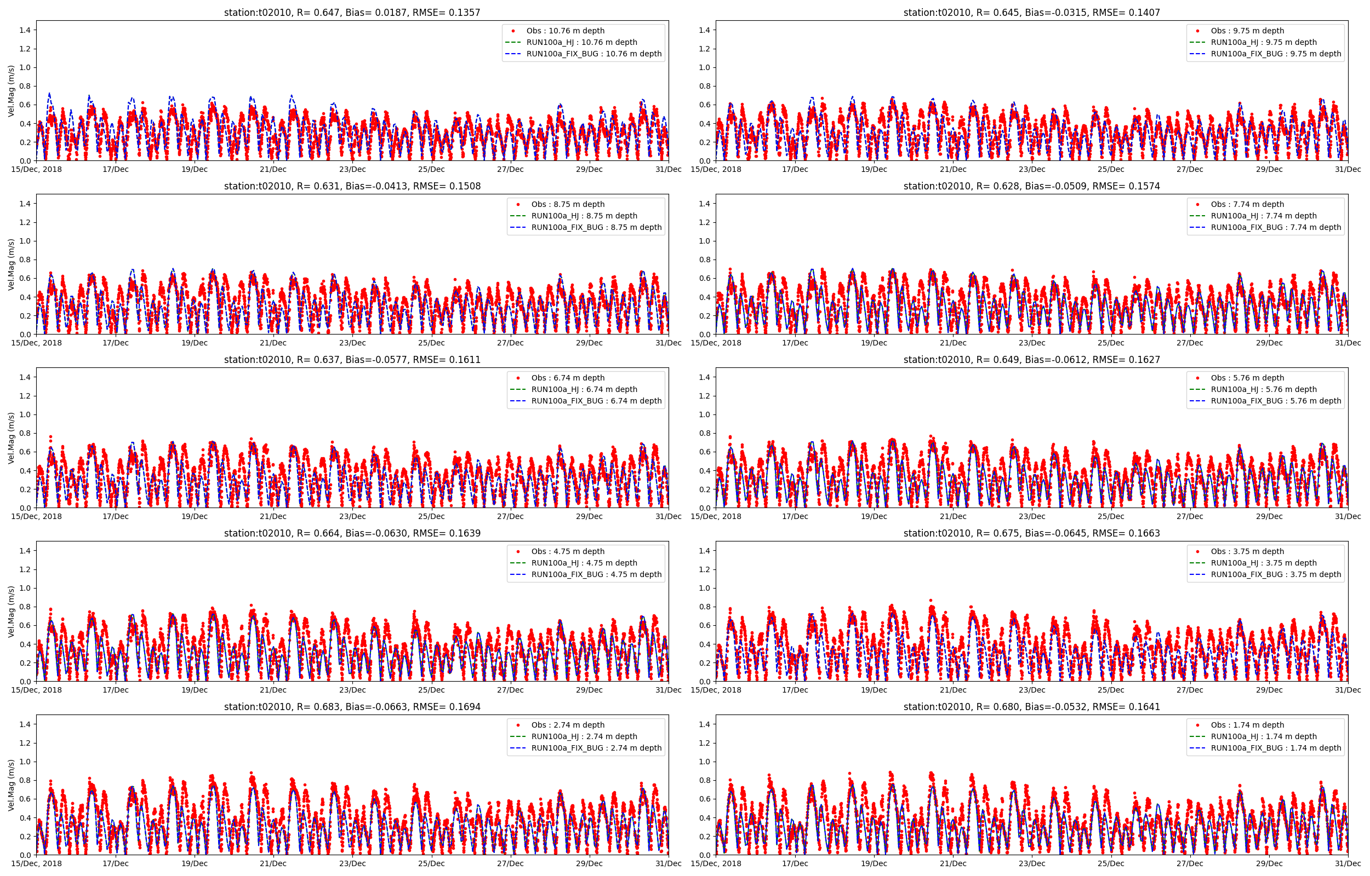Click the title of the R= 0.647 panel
352,13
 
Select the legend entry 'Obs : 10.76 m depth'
564,31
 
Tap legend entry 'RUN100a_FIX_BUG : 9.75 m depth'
1276,54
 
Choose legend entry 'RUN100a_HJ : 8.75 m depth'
584,216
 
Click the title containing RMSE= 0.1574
1031,186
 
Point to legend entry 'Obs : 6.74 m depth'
568,378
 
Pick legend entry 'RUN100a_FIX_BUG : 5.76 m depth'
1276,401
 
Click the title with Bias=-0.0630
352,533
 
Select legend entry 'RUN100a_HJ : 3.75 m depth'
1264,563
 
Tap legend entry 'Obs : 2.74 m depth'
568,725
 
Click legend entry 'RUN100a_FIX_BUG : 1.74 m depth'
1276,748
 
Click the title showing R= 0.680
1031,706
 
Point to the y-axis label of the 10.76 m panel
11,91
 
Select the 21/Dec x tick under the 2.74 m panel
273,863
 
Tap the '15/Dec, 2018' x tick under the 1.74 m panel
716,863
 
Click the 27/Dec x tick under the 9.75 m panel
1190,170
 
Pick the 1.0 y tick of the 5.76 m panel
705,414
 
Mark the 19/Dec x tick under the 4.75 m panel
194,690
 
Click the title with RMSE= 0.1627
1031,360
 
